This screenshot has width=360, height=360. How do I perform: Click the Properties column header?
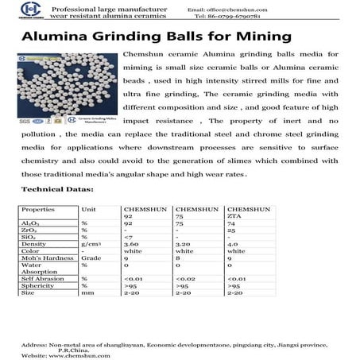(38, 208)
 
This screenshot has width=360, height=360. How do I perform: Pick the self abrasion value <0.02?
(184, 278)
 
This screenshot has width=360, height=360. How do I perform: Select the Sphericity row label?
(37, 285)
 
